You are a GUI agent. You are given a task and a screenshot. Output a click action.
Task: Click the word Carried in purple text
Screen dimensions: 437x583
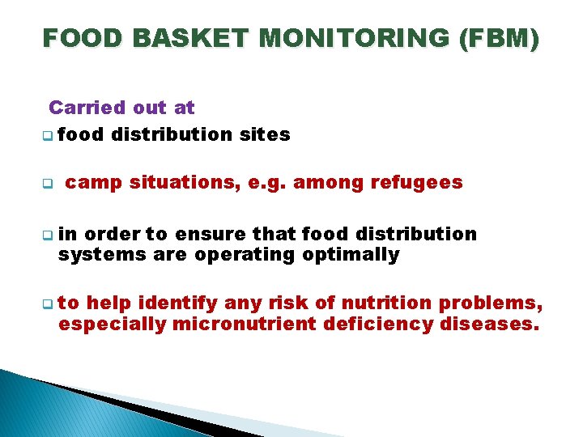coord(87,107)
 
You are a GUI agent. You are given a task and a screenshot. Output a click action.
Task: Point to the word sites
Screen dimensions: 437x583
coord(264,134)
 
